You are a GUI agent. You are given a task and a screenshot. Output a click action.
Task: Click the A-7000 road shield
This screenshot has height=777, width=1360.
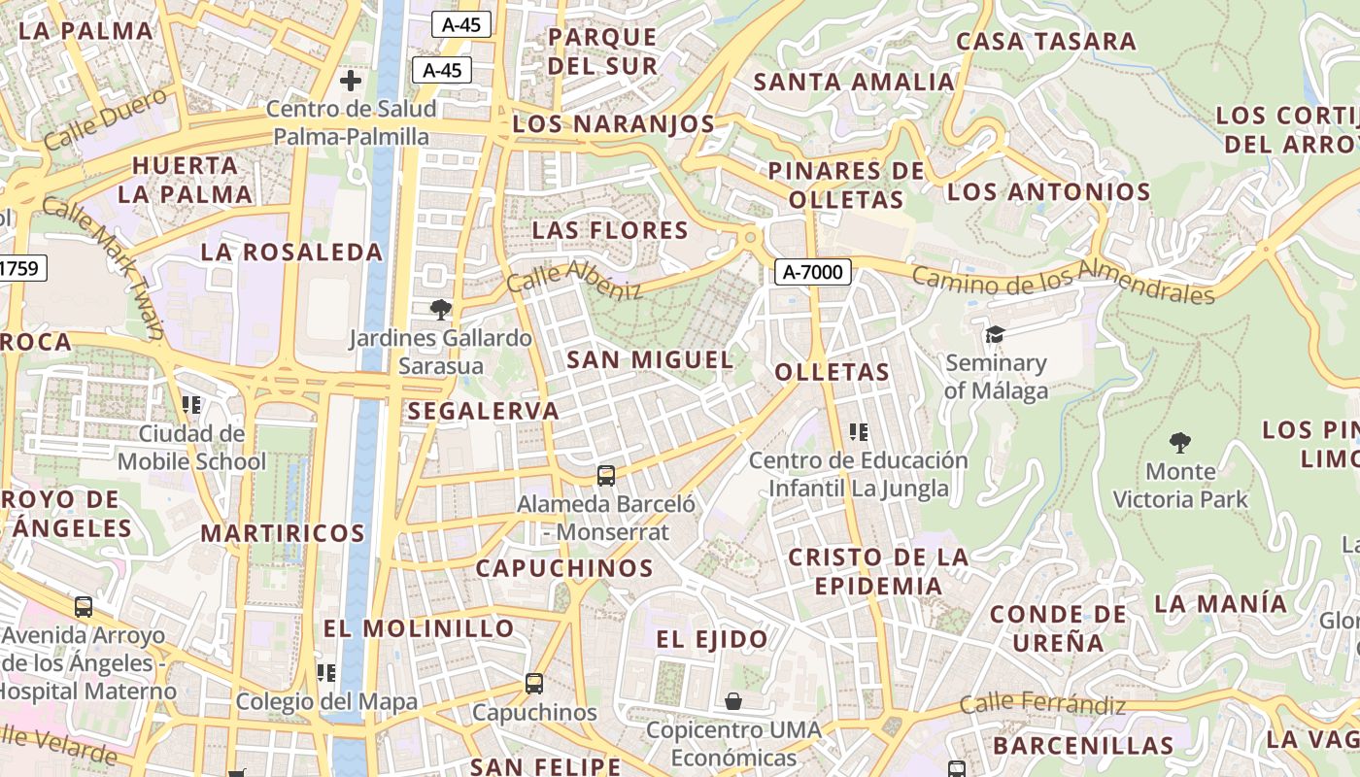[x=813, y=272]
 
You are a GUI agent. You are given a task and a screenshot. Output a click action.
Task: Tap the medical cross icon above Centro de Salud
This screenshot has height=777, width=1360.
[x=351, y=80]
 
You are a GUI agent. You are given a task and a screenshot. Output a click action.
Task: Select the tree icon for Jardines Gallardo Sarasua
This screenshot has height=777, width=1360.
[x=441, y=310]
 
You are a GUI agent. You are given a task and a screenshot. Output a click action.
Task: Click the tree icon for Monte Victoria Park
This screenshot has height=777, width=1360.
[x=1180, y=443]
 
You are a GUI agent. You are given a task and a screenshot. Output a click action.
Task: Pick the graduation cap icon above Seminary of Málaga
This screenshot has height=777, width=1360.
[x=995, y=335]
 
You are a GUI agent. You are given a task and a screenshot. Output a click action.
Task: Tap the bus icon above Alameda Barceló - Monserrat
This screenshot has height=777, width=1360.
[x=606, y=475]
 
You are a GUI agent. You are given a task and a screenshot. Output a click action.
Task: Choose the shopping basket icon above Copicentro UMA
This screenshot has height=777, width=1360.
[x=733, y=700]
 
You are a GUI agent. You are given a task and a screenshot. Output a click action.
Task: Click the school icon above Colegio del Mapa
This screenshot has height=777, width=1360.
[x=326, y=672]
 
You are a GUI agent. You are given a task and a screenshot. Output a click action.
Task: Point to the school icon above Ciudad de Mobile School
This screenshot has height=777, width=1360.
[x=191, y=404]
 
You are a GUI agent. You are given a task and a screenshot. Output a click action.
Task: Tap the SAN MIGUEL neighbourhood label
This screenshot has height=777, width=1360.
[x=650, y=359]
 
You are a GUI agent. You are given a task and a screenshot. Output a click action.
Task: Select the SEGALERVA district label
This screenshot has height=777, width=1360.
[x=483, y=411]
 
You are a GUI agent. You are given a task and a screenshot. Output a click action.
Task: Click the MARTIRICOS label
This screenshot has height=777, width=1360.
[x=283, y=533]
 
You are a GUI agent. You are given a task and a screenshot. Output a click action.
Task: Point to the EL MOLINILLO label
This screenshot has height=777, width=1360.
[x=418, y=628]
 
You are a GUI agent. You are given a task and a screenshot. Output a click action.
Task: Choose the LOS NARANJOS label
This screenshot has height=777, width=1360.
[x=613, y=124]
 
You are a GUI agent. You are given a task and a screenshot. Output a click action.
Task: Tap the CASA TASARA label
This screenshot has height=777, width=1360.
[x=1046, y=41]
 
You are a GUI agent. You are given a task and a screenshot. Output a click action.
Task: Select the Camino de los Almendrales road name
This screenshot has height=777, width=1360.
[x=1063, y=283]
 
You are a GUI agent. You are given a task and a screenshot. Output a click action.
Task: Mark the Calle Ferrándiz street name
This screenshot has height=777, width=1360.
[x=1042, y=704]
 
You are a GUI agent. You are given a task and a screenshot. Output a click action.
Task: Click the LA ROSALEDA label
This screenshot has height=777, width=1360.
[x=291, y=253]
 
